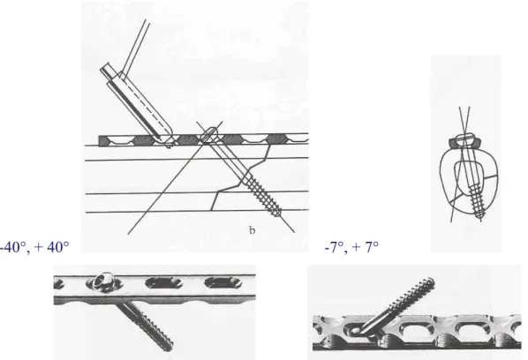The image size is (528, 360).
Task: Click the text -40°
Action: (x=14, y=247)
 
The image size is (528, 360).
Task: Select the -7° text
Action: (x=335, y=247)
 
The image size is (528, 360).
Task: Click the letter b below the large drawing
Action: (x=252, y=230)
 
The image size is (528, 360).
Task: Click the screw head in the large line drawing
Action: (x=209, y=134)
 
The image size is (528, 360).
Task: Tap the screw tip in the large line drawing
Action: (x=278, y=213)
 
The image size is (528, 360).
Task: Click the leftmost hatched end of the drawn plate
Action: (x=104, y=141)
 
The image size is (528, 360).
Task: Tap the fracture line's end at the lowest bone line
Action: (x=211, y=211)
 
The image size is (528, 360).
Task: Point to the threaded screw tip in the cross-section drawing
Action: (x=481, y=215)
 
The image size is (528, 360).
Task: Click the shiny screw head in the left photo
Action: (x=102, y=281)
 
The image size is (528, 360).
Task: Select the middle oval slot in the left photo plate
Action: (x=162, y=282)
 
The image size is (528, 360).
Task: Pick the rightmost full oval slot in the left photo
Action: (x=222, y=282)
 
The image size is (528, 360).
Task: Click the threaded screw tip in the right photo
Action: (x=429, y=282)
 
